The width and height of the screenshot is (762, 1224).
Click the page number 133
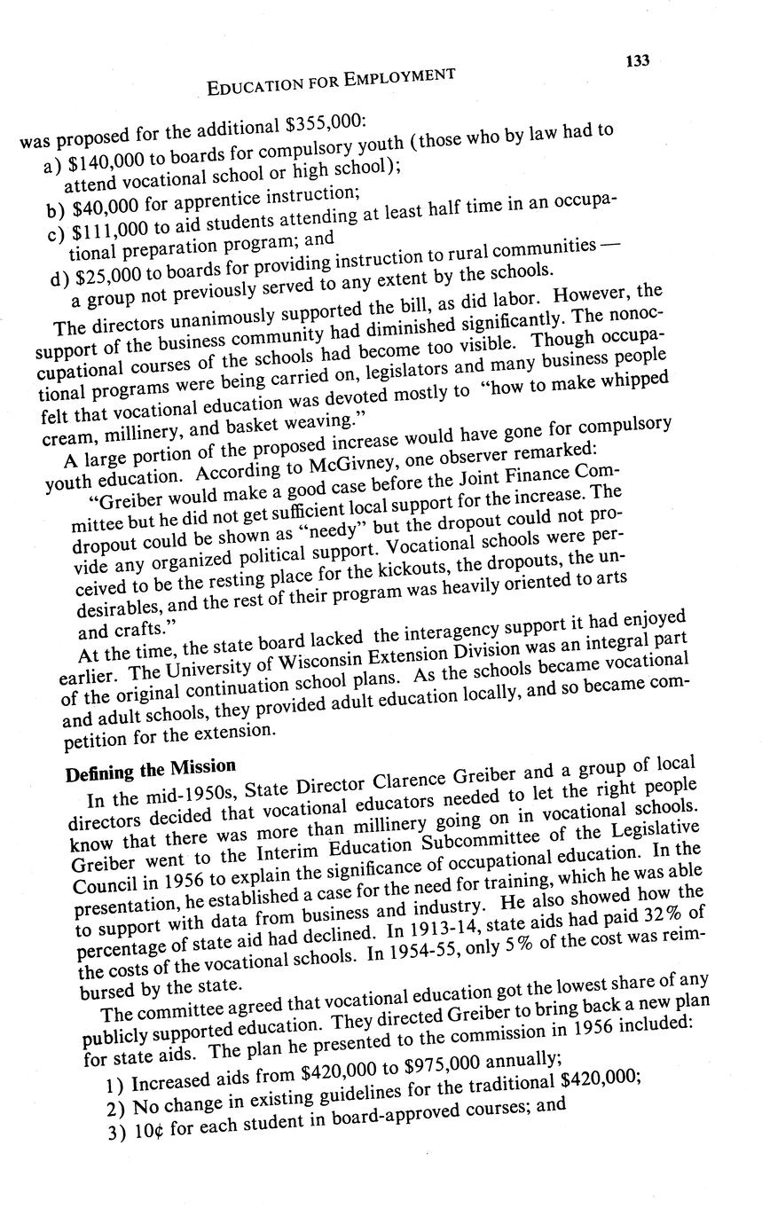coord(637,60)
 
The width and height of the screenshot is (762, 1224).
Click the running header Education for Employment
coord(331,82)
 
